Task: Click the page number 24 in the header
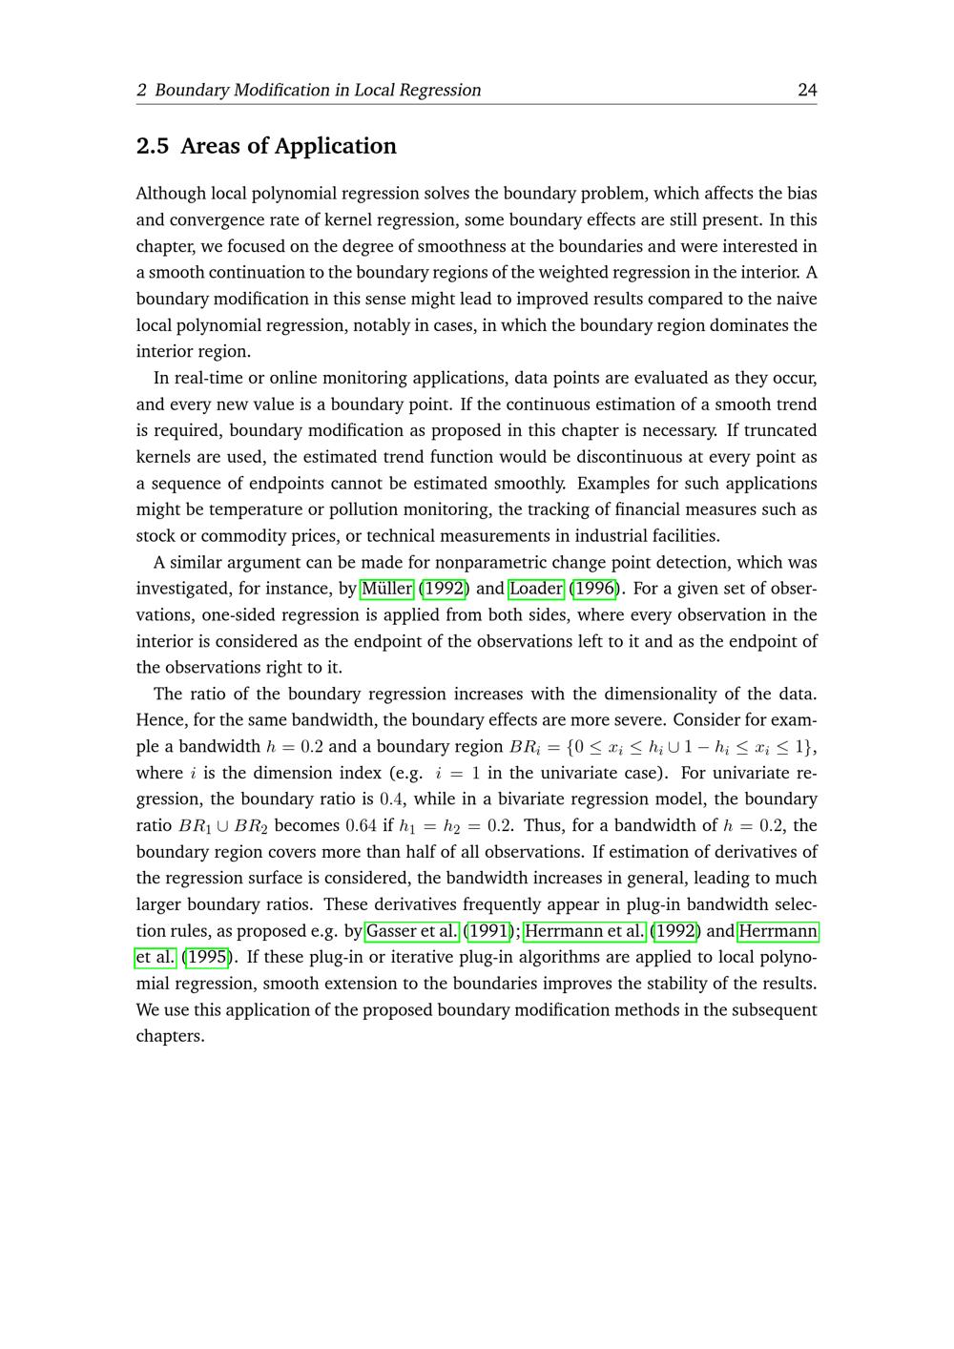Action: tap(807, 90)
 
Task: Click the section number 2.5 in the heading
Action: tap(153, 146)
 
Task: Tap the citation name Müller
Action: tap(387, 589)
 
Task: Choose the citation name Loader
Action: tap(536, 589)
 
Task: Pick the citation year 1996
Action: tap(593, 589)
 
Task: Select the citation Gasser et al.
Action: tap(412, 931)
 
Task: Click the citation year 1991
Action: tap(487, 931)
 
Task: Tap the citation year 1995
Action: tap(207, 957)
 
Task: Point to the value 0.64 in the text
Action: tap(361, 826)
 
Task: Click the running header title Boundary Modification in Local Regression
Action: tap(318, 90)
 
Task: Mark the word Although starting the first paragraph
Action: tap(171, 194)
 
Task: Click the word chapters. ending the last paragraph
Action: tap(170, 1036)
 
